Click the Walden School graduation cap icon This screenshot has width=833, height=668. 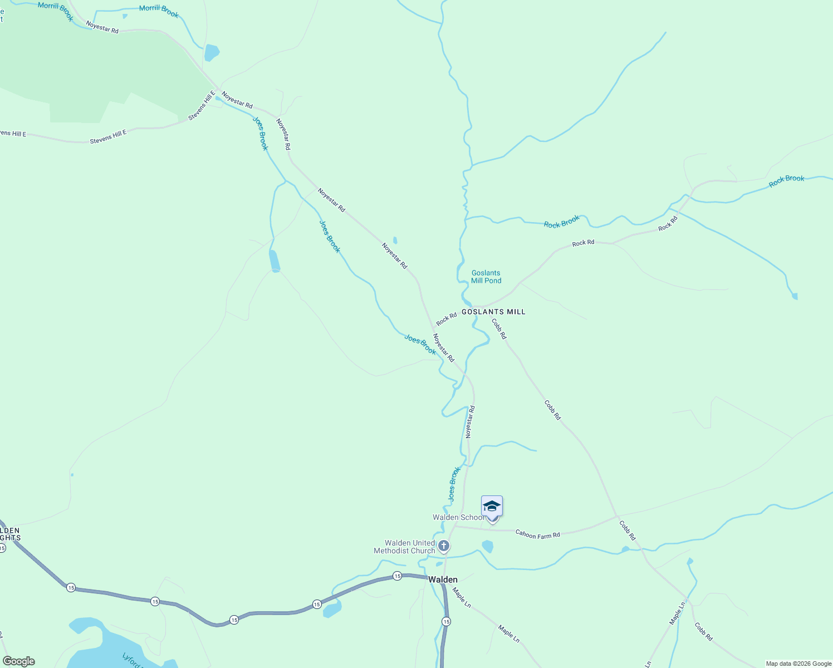pos(492,507)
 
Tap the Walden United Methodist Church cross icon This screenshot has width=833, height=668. pos(444,546)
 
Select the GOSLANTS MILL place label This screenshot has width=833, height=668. pos(493,312)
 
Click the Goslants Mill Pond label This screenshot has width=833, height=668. pos(486,277)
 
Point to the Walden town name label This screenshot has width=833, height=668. pos(443,579)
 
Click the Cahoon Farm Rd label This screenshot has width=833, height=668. pos(537,534)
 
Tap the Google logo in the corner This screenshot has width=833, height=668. pos(19,661)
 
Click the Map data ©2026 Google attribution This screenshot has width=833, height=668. pos(798,664)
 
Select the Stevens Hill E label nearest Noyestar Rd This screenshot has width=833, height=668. pos(202,106)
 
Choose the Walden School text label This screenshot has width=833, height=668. pos(458,518)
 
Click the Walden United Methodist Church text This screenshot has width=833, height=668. pos(405,547)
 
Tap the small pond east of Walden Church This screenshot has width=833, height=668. pos(488,547)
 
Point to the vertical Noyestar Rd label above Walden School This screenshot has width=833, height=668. pos(471,421)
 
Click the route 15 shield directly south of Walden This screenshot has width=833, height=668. pos(446,621)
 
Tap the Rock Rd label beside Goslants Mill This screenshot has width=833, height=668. pos(446,320)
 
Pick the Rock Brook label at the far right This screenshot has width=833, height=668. pos(786,180)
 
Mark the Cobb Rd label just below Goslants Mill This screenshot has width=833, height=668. pos(499,328)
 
